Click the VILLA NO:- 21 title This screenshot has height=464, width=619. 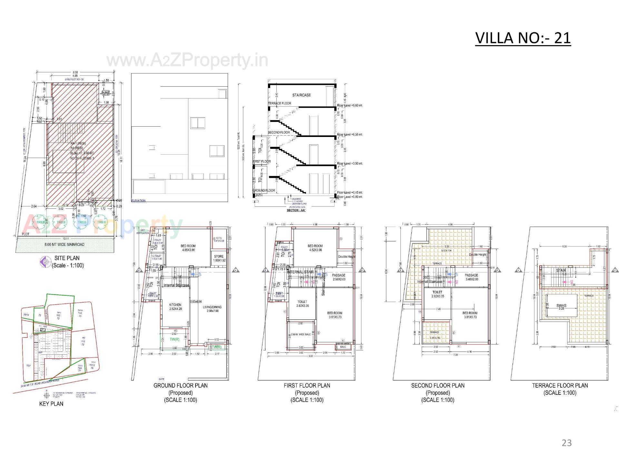(523, 38)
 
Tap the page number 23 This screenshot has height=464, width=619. (566, 443)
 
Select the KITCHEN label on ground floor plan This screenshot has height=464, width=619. (175, 306)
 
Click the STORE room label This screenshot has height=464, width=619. (219, 258)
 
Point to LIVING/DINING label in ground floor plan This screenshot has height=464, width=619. (212, 309)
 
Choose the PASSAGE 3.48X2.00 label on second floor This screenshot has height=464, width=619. (472, 277)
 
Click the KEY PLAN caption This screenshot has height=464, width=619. (51, 404)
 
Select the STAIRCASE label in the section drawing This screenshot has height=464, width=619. (301, 95)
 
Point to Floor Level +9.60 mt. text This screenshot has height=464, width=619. (350, 105)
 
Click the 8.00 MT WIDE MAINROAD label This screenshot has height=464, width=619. (64, 245)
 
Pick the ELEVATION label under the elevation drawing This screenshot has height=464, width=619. (139, 200)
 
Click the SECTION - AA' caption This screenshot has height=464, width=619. (296, 210)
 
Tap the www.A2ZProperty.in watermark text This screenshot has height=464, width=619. (187, 60)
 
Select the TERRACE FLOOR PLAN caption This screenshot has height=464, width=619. (560, 385)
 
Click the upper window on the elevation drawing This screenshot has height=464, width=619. (198, 123)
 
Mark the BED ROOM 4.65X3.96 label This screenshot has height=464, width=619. (189, 248)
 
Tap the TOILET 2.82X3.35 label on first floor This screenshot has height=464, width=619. (302, 304)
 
